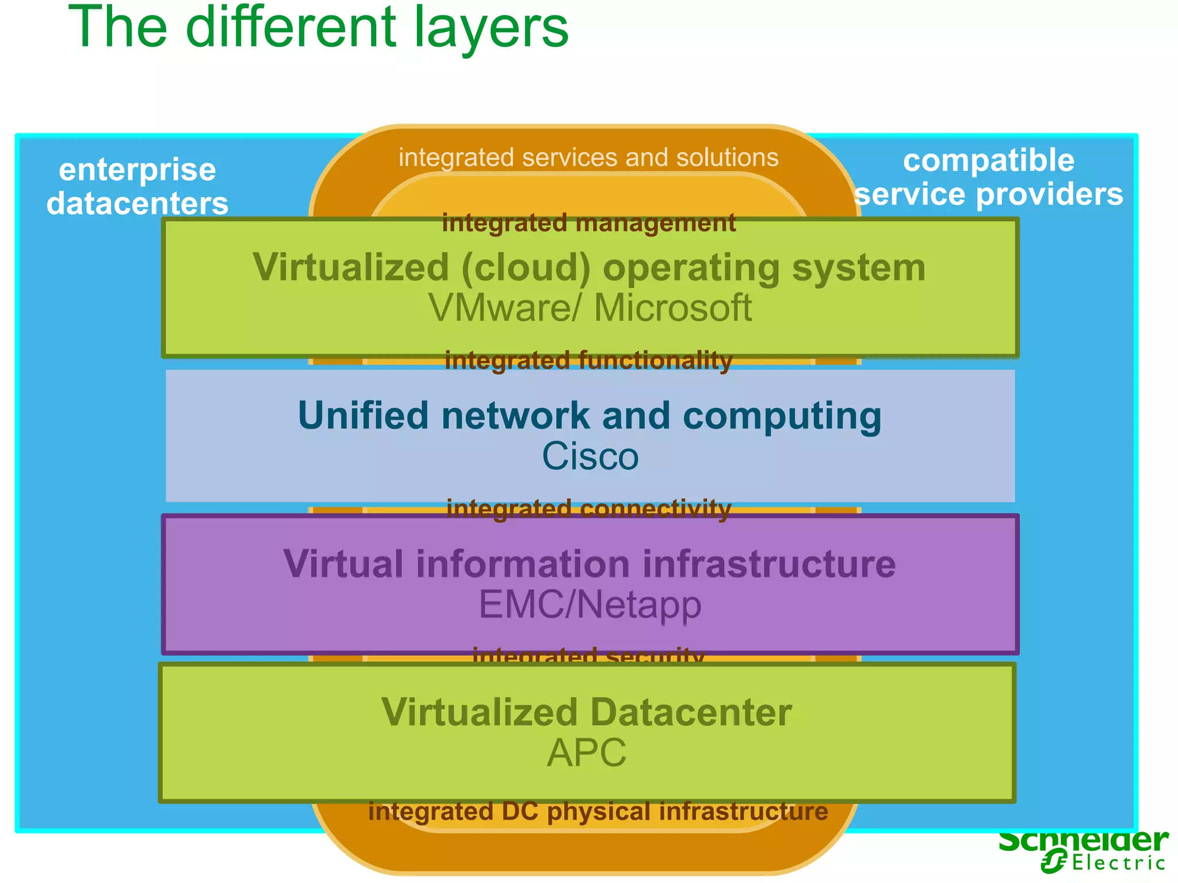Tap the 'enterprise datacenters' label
pos(137,186)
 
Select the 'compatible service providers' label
pos(988,177)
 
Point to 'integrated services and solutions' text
pos(588,158)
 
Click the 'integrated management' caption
pos(588,224)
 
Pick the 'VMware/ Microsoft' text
pos(590,308)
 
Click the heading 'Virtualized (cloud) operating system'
pos(589,268)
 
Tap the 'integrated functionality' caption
pos(588,361)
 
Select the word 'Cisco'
pos(590,456)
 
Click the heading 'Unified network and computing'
pos(590,416)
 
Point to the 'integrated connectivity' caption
pos(588,509)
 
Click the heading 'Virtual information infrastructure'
pos(589,564)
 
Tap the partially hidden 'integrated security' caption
pos(588,656)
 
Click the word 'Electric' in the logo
pos(1118,863)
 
